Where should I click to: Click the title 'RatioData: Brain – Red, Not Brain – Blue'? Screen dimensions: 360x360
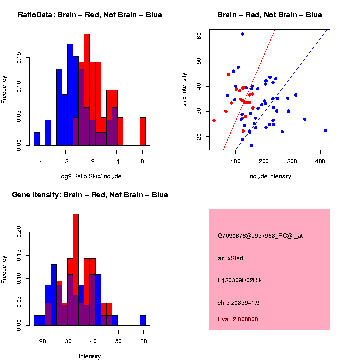coord(90,15)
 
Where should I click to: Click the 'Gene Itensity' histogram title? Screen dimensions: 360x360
coord(90,195)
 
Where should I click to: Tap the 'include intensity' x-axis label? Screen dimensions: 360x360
coord(270,176)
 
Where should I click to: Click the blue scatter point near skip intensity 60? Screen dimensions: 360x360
coord(243,34)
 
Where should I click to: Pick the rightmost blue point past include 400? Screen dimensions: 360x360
coord(325,130)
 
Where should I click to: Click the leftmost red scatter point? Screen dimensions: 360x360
coord(214,121)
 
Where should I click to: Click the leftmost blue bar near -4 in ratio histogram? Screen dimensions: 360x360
coord(37,139)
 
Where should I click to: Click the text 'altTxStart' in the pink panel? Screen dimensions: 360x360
coord(231,258)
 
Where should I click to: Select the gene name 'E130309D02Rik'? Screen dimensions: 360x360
coord(240,280)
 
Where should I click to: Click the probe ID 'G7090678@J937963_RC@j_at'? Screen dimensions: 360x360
coord(260,236)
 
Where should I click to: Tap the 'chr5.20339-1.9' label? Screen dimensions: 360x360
coord(239,303)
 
